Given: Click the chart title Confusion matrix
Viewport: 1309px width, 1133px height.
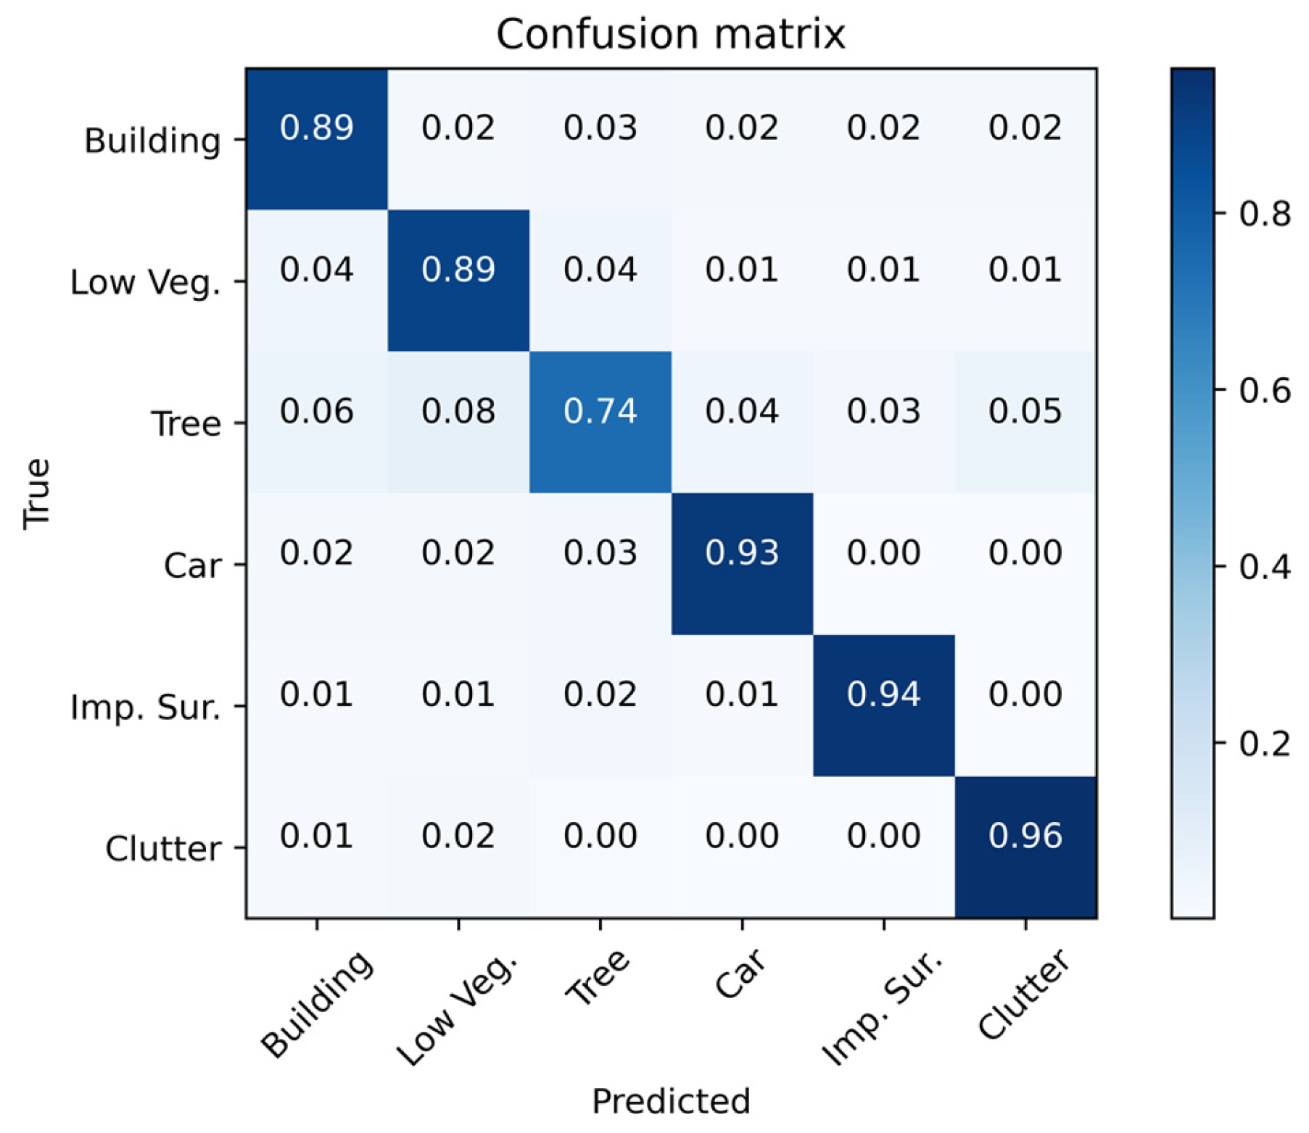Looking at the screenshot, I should pyautogui.click(x=670, y=34).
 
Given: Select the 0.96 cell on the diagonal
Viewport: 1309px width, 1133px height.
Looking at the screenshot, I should pyautogui.click(x=1025, y=836).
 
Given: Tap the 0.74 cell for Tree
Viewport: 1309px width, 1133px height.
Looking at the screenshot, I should pyautogui.click(x=600, y=412).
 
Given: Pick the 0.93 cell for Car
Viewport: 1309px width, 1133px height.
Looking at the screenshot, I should pyautogui.click(x=741, y=553).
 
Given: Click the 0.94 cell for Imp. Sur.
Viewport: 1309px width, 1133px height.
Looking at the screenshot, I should pyautogui.click(x=883, y=694).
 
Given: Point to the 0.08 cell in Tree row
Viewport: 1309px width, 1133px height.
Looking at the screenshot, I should pyautogui.click(x=458, y=412).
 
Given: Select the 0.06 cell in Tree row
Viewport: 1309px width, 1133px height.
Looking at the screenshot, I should pyautogui.click(x=316, y=412).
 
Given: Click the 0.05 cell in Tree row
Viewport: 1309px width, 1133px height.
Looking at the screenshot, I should pyautogui.click(x=1025, y=412).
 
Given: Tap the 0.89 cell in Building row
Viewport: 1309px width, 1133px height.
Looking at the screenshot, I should pyautogui.click(x=316, y=128).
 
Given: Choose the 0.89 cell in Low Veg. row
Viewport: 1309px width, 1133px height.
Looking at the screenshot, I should pyautogui.click(x=458, y=270).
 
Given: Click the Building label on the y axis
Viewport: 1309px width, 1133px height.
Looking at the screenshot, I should pyautogui.click(x=152, y=141).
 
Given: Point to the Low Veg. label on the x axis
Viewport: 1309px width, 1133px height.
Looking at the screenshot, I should pyautogui.click(x=458, y=1010).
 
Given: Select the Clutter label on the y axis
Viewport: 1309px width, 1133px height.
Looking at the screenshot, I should pyautogui.click(x=163, y=849).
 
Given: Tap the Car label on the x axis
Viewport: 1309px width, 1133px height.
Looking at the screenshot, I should pyautogui.click(x=740, y=975).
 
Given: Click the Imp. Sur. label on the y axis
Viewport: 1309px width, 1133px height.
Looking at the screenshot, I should pyautogui.click(x=145, y=707).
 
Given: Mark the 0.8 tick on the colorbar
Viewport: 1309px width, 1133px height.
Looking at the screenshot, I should pyautogui.click(x=1264, y=214).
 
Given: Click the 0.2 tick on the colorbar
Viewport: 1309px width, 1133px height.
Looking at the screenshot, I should pyautogui.click(x=1264, y=744).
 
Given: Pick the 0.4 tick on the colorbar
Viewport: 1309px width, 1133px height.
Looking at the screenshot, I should pyautogui.click(x=1264, y=567).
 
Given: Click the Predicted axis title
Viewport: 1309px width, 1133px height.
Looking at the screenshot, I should pyautogui.click(x=670, y=1101).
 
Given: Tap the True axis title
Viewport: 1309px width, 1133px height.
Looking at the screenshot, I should pyautogui.click(x=36, y=494).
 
